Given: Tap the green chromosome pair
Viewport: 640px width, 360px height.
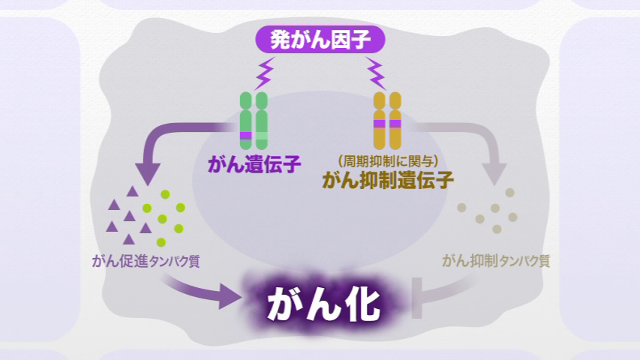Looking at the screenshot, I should [254, 120].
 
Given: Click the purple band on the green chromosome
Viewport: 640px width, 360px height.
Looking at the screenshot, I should [246, 135].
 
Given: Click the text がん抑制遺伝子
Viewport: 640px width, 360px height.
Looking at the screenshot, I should [388, 180].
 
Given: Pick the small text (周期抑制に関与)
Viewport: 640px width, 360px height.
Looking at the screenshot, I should [387, 160].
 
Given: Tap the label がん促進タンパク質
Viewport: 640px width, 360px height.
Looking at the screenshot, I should [145, 262].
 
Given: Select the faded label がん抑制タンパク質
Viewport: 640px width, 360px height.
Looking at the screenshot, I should [496, 262].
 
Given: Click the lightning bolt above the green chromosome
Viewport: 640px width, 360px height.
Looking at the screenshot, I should [264, 73].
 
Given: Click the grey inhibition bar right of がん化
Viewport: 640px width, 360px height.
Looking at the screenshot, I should [416, 298].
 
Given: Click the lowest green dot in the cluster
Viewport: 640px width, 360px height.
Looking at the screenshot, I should [161, 241].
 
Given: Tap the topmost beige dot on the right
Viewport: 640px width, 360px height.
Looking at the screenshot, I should [510, 193].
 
